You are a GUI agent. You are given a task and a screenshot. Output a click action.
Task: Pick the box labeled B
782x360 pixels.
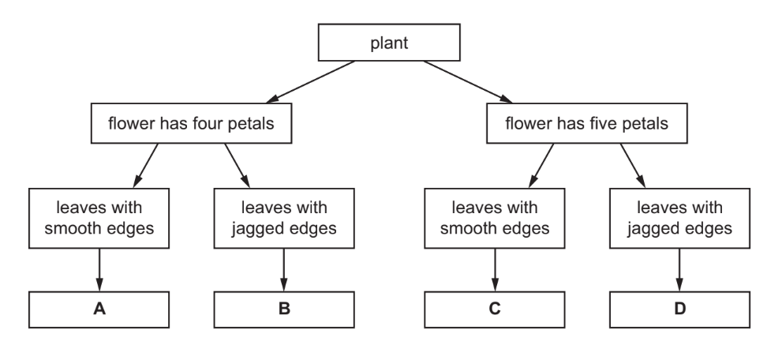[282, 309]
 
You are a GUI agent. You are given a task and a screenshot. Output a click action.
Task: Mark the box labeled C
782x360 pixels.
[495, 309]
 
